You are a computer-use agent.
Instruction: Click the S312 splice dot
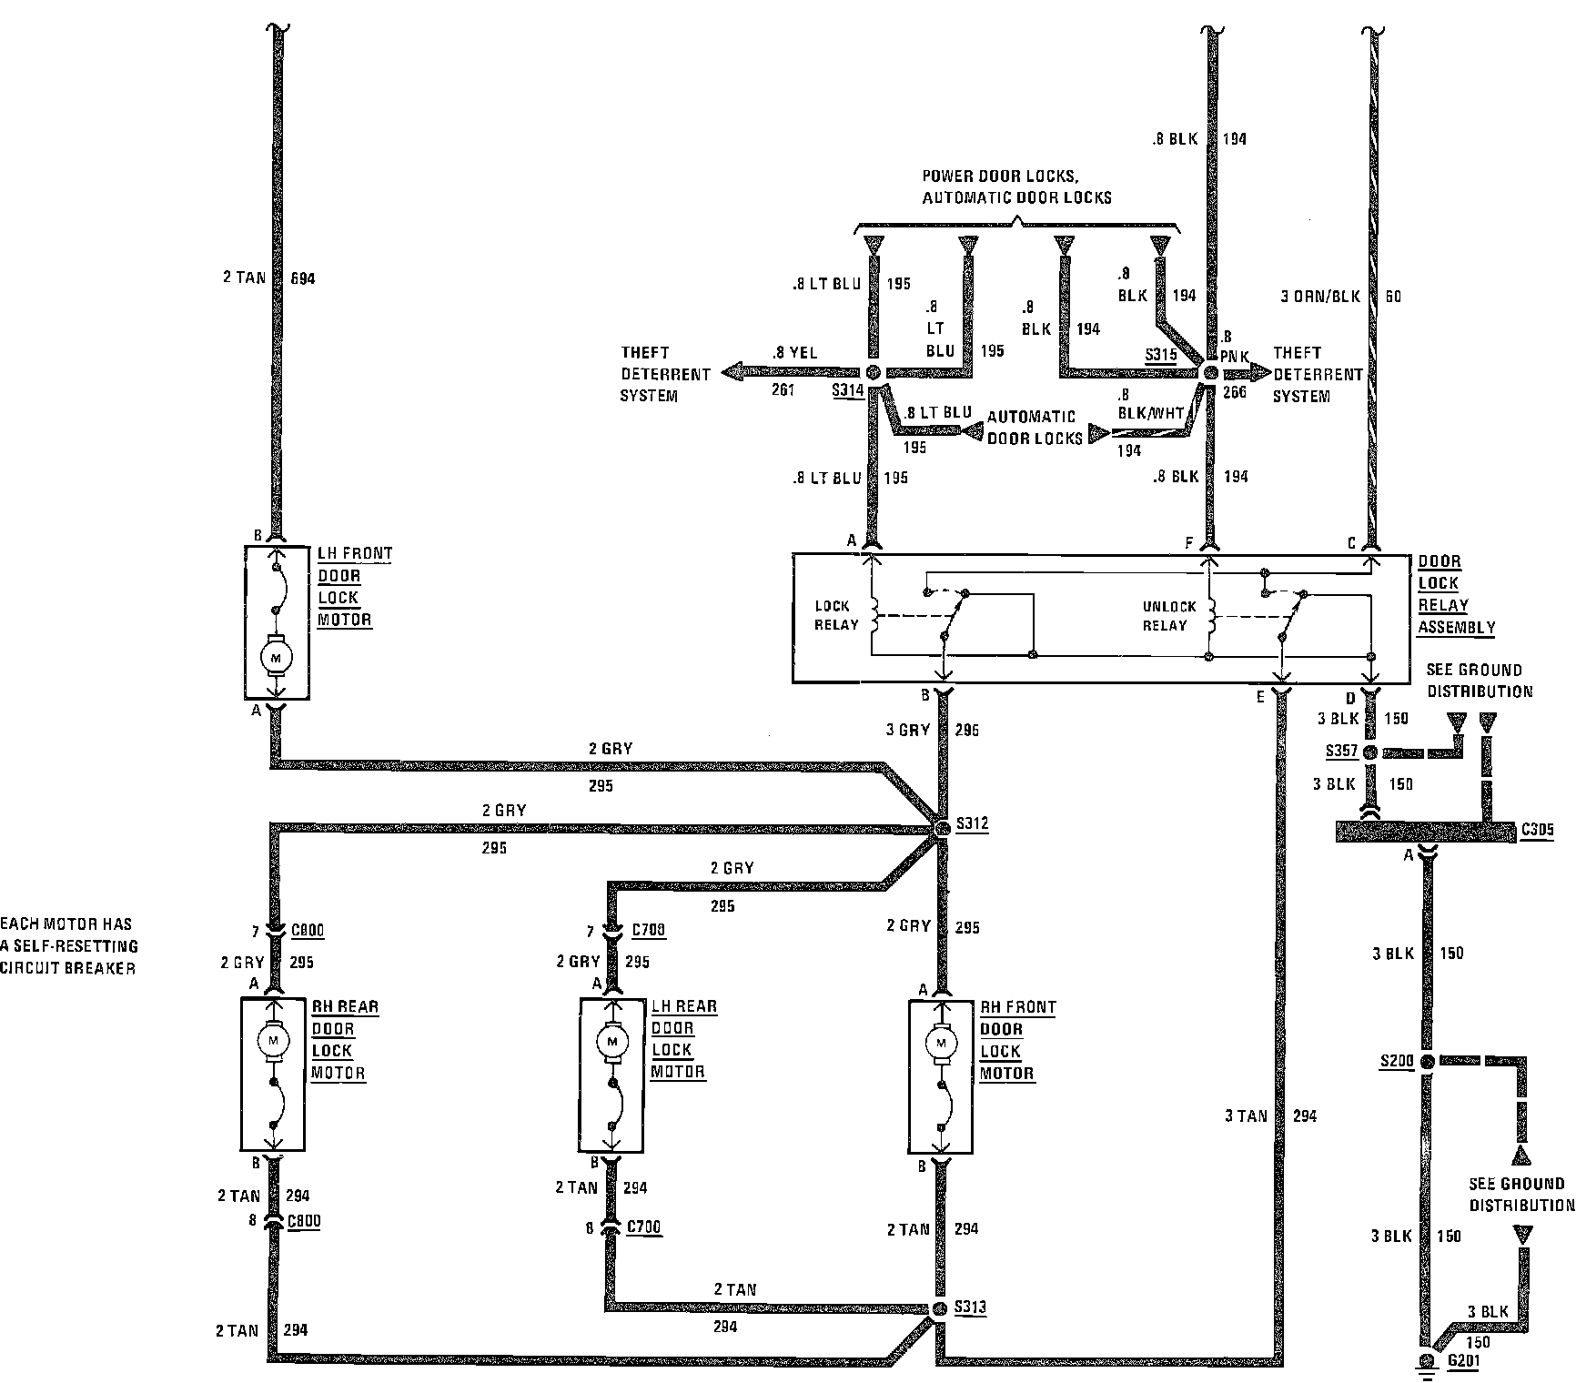(942, 826)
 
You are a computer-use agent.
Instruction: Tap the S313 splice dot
(941, 1309)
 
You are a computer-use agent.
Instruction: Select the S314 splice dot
(873, 372)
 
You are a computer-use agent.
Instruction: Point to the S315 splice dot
(1210, 372)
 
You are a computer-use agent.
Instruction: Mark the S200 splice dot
(1427, 1062)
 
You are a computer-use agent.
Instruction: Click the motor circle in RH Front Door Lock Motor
(941, 1042)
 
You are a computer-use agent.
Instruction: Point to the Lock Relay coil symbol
(874, 616)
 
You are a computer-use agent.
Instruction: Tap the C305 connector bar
(1424, 831)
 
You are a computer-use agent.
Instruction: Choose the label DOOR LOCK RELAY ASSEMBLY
(1455, 594)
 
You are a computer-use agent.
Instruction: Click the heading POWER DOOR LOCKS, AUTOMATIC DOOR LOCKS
(1016, 187)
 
